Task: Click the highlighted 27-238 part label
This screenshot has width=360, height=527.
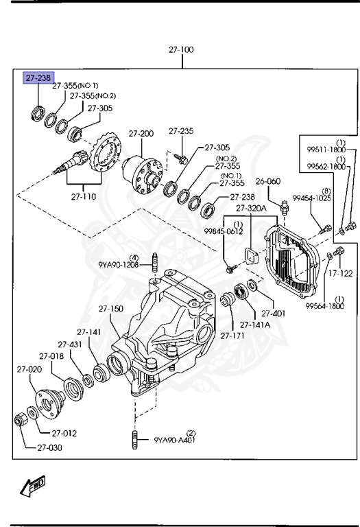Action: [x=39, y=78]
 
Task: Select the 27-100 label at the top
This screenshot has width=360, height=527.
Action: [x=182, y=50]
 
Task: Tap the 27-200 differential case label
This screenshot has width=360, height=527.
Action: [x=141, y=133]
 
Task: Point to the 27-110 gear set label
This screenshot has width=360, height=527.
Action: [x=84, y=196]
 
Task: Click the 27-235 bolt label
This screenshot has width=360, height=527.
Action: [x=182, y=131]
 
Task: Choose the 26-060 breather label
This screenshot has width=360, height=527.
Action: [x=268, y=182]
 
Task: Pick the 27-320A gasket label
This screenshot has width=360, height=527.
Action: [x=250, y=209]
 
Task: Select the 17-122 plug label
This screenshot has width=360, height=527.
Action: [x=340, y=273]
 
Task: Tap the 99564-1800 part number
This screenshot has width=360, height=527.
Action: [x=325, y=307]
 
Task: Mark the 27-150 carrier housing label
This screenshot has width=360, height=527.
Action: [x=111, y=309]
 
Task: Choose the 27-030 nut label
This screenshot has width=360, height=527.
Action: [x=49, y=448]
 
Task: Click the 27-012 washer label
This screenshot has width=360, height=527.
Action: [x=63, y=433]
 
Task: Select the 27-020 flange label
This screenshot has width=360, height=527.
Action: [x=29, y=369]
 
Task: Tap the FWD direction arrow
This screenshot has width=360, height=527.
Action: [x=33, y=487]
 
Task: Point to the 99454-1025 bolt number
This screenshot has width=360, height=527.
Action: [x=312, y=198]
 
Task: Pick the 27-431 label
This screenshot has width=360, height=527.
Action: [x=70, y=344]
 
